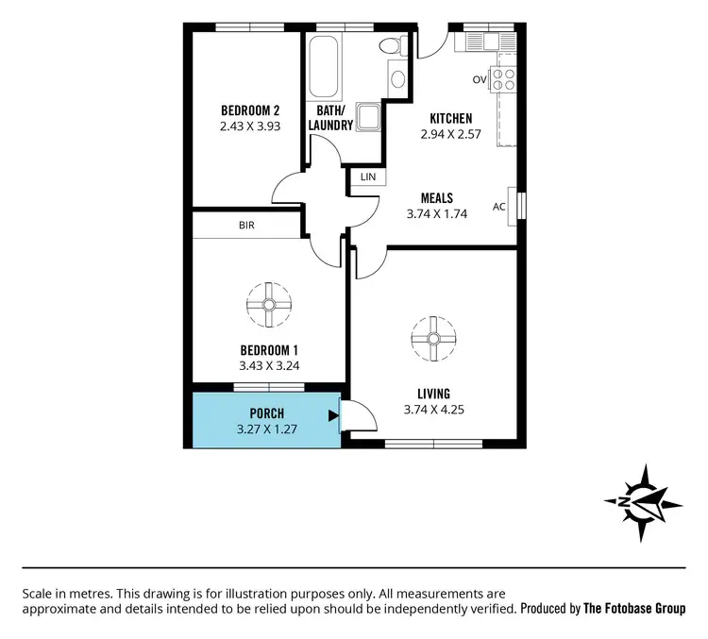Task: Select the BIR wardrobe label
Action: tap(246, 226)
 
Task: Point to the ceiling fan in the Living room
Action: tap(433, 338)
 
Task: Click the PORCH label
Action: tap(267, 413)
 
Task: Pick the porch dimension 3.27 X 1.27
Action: tap(267, 429)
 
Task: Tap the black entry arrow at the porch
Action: tap(332, 415)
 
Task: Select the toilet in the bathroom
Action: tap(389, 46)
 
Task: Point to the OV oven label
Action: tap(480, 80)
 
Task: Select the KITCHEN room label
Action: tap(450, 119)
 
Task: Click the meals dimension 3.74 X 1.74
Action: tap(438, 215)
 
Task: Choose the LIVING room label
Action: tap(433, 394)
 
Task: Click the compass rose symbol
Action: tap(643, 502)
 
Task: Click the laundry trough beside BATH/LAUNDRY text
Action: tap(368, 117)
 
